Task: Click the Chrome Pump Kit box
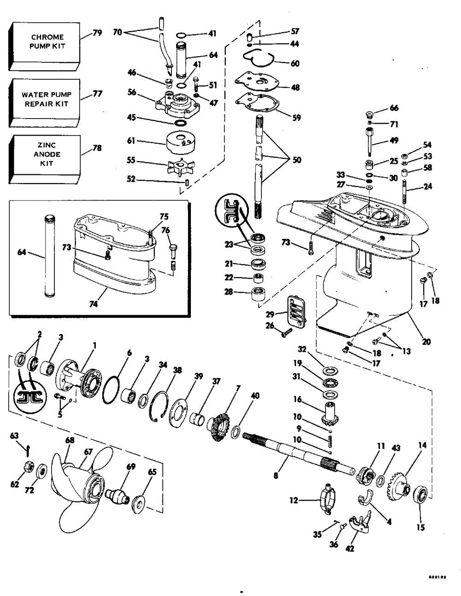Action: [44, 42]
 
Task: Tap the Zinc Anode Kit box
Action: [44, 155]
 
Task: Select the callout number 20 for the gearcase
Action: [426, 342]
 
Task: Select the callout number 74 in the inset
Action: [98, 305]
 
